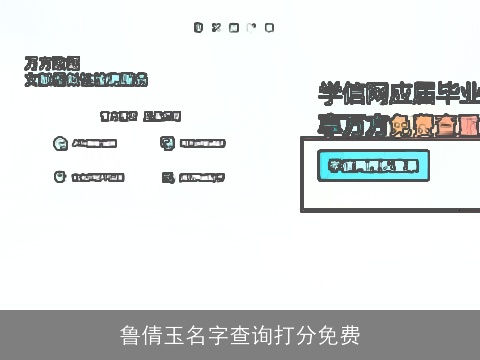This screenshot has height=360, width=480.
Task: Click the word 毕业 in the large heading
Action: (x=455, y=94)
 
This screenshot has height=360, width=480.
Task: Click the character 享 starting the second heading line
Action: (x=328, y=125)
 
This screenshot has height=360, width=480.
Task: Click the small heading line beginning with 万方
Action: (x=52, y=63)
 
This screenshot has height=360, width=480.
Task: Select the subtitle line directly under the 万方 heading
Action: (x=86, y=79)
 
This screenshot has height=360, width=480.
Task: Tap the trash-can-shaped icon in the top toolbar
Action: (x=199, y=27)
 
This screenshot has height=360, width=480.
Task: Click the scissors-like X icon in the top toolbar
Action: (x=216, y=27)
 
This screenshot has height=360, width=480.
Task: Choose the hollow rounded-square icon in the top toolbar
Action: (x=233, y=27)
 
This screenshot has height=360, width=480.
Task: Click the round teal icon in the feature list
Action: (x=59, y=143)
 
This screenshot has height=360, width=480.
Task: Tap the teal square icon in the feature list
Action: (x=166, y=143)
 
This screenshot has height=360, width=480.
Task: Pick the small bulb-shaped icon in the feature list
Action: (x=59, y=177)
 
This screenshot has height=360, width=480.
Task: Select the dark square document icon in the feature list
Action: (x=166, y=178)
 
